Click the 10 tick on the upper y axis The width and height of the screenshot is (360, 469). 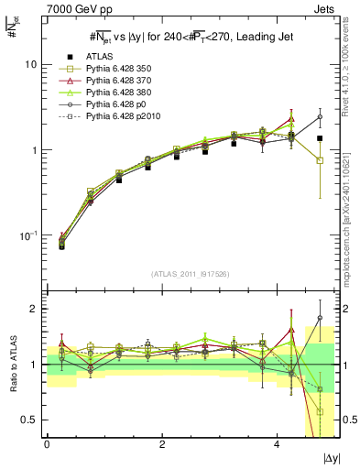click(30, 65)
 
